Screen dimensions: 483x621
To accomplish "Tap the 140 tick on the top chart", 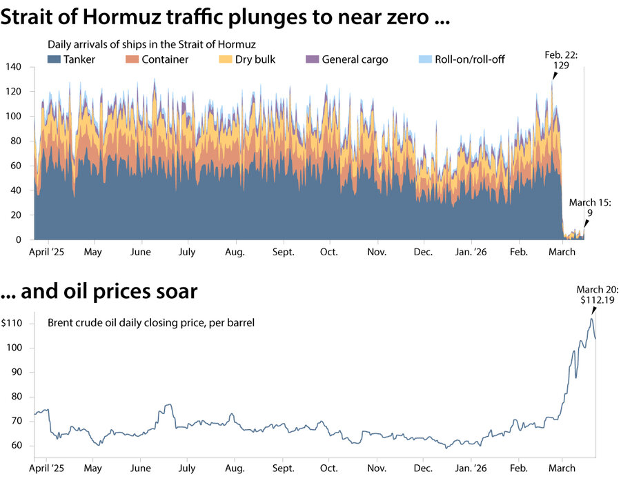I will pyautogui.click(x=14, y=67).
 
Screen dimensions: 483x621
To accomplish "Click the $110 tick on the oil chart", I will pyautogui.click(x=13, y=324).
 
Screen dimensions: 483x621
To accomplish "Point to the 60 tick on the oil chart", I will pyautogui.click(x=17, y=446).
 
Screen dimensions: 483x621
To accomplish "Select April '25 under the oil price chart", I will pyautogui.click(x=50, y=468).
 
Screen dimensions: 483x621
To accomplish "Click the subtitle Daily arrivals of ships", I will pyautogui.click(x=152, y=44).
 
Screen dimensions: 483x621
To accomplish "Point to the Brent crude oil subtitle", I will pyautogui.click(x=151, y=322).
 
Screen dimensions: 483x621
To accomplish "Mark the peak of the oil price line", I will pyautogui.click(x=591, y=318).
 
